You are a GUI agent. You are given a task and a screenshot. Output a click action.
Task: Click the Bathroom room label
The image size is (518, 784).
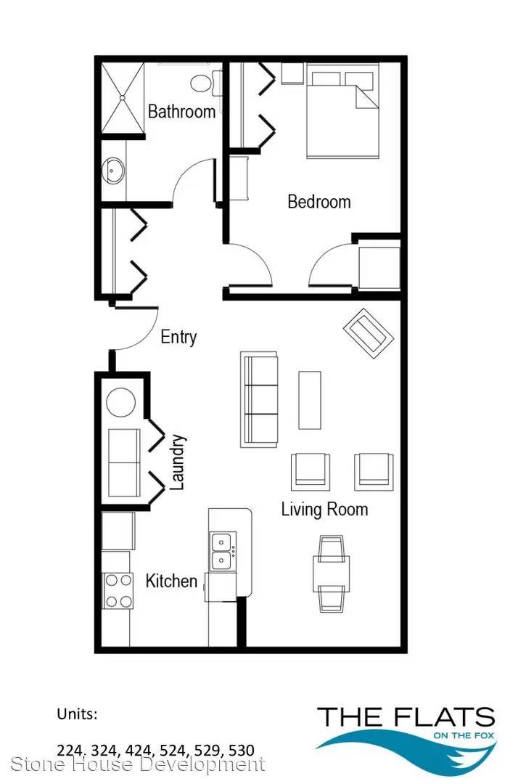pyautogui.click(x=182, y=111)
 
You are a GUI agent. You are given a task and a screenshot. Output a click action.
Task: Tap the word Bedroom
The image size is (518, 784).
pyautogui.click(x=319, y=202)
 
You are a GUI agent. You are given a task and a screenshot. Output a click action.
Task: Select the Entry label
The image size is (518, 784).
pyautogui.click(x=178, y=337)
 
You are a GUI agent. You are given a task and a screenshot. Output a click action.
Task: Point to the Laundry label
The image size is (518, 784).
pyautogui.click(x=178, y=462)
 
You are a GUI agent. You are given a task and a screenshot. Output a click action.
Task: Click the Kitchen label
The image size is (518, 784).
pyautogui.click(x=171, y=581)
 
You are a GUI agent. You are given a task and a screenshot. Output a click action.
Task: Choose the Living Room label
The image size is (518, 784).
pyautogui.click(x=325, y=509)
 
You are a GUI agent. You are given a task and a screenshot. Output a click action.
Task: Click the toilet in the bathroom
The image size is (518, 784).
pyautogui.click(x=205, y=83)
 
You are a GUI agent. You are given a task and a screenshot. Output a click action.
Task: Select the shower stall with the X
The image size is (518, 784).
pyautogui.click(x=123, y=97)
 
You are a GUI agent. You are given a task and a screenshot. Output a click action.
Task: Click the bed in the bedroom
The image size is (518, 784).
pyautogui.click(x=342, y=110)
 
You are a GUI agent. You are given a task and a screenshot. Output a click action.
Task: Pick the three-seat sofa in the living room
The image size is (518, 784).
pyautogui.click(x=259, y=399)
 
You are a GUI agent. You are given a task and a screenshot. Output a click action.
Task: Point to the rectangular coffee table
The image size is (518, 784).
pyautogui.click(x=310, y=400)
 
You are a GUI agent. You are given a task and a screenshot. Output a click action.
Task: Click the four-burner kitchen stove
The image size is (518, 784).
pyautogui.click(x=118, y=590)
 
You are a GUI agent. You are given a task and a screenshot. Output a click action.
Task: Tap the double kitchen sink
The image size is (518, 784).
pyautogui.click(x=222, y=551)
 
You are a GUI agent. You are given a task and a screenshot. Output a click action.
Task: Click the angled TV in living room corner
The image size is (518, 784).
pyautogui.click(x=369, y=333)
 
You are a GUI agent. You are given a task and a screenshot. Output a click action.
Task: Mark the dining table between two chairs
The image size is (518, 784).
pyautogui.click(x=332, y=573)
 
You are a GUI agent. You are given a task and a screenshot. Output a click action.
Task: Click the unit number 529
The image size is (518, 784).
pyautogui.click(x=213, y=751)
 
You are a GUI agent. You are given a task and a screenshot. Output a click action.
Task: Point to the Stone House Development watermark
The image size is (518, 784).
pyautogui.click(x=138, y=764)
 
